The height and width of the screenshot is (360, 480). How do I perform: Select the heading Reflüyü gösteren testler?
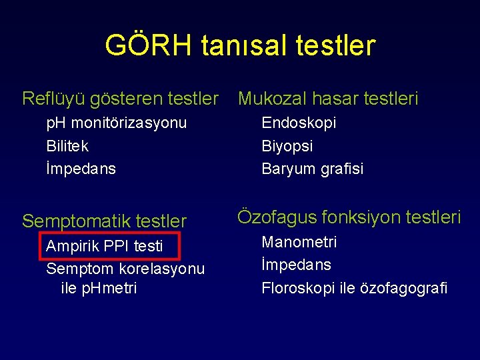tap(120, 99)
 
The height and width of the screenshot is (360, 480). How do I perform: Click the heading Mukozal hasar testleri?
tap(328, 99)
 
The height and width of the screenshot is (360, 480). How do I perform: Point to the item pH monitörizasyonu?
tap(116, 123)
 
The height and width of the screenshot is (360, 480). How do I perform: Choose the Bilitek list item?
tap(67, 146)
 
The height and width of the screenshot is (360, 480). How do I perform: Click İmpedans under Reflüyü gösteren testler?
tap(81, 169)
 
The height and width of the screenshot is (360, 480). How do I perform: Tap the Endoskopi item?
tap(299, 123)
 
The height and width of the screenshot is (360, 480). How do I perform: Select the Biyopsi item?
tap(287, 146)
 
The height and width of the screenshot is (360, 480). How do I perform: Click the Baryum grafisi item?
tap(312, 169)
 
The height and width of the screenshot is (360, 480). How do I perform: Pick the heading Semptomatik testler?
tap(104, 221)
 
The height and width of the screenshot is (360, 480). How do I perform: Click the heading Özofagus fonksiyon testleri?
tap(349, 217)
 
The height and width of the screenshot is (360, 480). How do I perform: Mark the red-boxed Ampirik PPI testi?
tap(105, 246)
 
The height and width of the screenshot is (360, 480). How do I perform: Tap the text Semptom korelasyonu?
tap(125, 269)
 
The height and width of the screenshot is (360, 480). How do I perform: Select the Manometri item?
tap(299, 242)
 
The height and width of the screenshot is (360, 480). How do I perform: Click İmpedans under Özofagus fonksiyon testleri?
tap(296, 265)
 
